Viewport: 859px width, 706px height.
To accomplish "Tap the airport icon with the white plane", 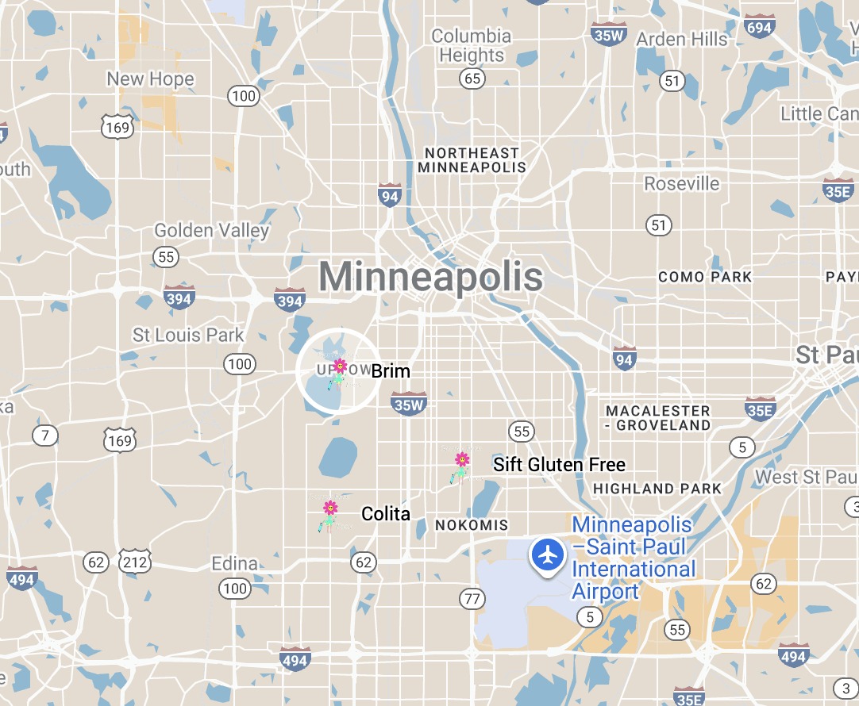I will pyautogui.click(x=547, y=554).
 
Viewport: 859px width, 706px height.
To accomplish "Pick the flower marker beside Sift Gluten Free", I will pyautogui.click(x=461, y=466).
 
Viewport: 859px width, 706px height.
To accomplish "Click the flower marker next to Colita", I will pyautogui.click(x=329, y=514).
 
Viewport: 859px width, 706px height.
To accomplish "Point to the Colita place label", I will pyautogui.click(x=386, y=514).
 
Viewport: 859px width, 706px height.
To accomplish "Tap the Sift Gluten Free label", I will pyautogui.click(x=559, y=465).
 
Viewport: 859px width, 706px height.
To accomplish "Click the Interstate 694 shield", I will pyautogui.click(x=760, y=27).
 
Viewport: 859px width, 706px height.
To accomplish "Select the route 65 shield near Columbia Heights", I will pyautogui.click(x=473, y=79).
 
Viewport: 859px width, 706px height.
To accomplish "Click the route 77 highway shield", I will pyautogui.click(x=472, y=598).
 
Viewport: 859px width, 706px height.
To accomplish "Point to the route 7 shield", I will pyautogui.click(x=45, y=435).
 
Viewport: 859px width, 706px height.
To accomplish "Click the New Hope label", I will pyautogui.click(x=150, y=79).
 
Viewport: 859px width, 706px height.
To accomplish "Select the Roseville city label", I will pyautogui.click(x=681, y=184).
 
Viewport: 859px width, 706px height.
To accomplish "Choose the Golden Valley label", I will pyautogui.click(x=211, y=231).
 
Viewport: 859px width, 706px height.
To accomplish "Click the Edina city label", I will pyautogui.click(x=234, y=564).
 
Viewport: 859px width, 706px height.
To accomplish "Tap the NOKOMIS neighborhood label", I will pyautogui.click(x=471, y=525).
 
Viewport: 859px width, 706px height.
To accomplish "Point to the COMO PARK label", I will pyautogui.click(x=704, y=277).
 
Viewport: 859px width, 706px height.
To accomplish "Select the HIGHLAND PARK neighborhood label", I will pyautogui.click(x=657, y=489).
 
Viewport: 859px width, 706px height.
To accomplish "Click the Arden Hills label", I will pyautogui.click(x=681, y=40).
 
